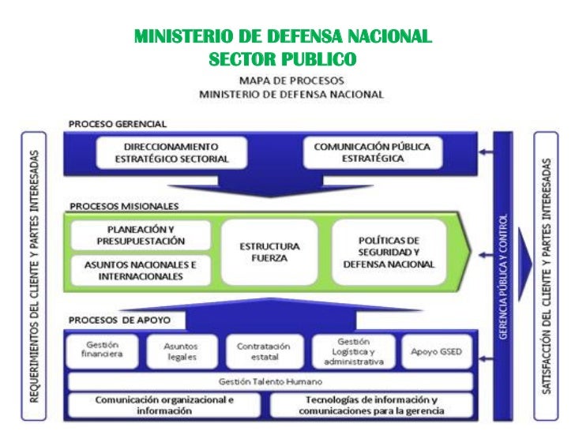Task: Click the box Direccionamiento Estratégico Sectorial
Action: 171,152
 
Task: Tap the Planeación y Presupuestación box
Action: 141,234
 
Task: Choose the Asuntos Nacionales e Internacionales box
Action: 141,270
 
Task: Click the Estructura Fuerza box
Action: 269,252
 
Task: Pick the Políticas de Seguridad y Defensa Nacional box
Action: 388,252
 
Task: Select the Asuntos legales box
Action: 180,351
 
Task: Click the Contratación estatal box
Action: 263,351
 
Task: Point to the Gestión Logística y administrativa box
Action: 353,351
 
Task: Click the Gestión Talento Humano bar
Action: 270,382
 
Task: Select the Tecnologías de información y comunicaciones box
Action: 371,405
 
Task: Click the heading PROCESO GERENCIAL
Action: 117,124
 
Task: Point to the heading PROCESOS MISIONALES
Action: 123,206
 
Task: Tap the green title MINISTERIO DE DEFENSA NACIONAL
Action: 282,37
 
